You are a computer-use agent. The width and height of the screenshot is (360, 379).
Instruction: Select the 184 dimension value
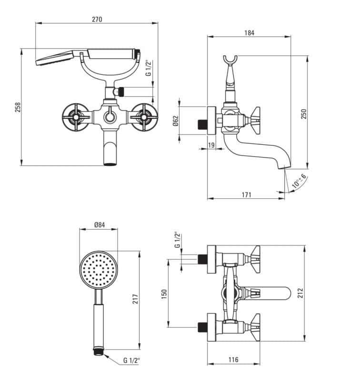click(x=249, y=33)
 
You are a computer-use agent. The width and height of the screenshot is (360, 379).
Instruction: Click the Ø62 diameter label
click(x=175, y=121)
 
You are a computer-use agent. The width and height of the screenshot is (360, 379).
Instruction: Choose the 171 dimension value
click(x=246, y=195)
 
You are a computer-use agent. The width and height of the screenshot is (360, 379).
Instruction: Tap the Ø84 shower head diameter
click(x=100, y=225)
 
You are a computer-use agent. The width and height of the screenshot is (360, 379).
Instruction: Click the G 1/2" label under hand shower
click(x=131, y=360)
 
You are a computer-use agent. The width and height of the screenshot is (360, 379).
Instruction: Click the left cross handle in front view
click(x=76, y=116)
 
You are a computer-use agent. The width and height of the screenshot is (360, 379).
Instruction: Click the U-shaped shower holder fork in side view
click(x=230, y=60)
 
